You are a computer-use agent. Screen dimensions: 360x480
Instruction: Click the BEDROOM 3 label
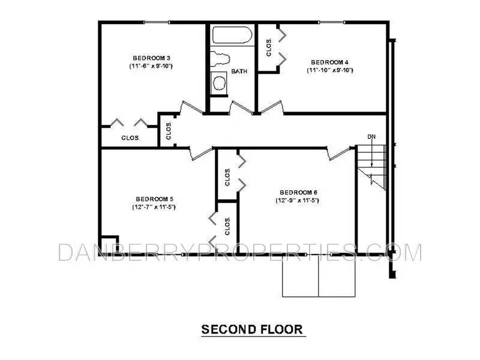click(150, 57)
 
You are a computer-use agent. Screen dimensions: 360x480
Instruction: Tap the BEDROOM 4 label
click(329, 62)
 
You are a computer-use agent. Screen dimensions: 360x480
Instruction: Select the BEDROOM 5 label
click(154, 199)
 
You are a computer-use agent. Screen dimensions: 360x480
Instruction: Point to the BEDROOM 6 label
click(298, 192)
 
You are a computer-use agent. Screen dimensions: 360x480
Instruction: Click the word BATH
click(239, 72)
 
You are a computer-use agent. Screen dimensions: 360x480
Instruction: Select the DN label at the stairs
click(372, 136)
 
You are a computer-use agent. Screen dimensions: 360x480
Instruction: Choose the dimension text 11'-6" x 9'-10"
click(151, 65)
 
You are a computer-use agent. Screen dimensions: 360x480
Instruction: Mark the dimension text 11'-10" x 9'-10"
click(329, 70)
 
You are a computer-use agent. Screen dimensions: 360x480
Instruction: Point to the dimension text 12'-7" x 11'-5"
click(154, 207)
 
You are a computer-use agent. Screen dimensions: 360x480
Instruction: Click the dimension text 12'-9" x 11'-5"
click(298, 200)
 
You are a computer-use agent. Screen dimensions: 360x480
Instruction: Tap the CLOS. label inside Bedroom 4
click(269, 46)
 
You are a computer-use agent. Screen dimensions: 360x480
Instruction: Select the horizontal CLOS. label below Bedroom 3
click(130, 137)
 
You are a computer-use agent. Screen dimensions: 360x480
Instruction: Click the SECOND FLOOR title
click(251, 329)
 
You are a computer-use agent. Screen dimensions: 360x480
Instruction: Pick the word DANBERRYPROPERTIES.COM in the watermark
click(240, 253)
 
